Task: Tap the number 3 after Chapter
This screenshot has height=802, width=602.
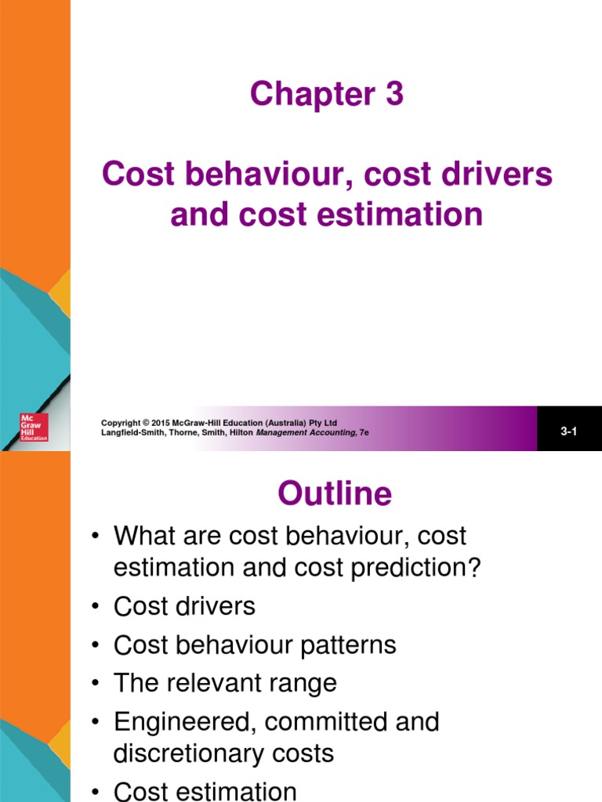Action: (393, 94)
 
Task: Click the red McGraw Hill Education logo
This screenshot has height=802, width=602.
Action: (34, 427)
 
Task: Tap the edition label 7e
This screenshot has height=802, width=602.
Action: (364, 432)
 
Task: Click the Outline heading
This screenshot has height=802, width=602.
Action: (334, 493)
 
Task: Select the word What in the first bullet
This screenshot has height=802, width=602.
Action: (142, 536)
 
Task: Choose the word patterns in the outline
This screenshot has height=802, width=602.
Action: (352, 645)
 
